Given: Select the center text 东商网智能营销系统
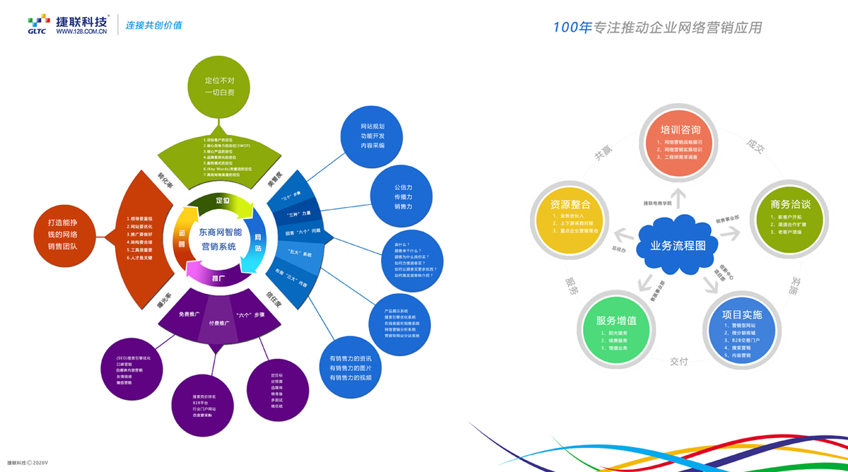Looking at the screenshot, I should (220, 239).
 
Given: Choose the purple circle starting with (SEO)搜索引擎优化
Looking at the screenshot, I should (134, 370).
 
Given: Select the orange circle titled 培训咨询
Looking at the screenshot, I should (680, 144).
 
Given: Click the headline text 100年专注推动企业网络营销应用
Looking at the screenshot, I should (657, 28).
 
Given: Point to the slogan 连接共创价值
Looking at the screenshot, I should (153, 25).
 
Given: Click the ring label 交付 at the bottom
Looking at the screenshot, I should (678, 361).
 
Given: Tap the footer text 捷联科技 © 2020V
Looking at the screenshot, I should (28, 461).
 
